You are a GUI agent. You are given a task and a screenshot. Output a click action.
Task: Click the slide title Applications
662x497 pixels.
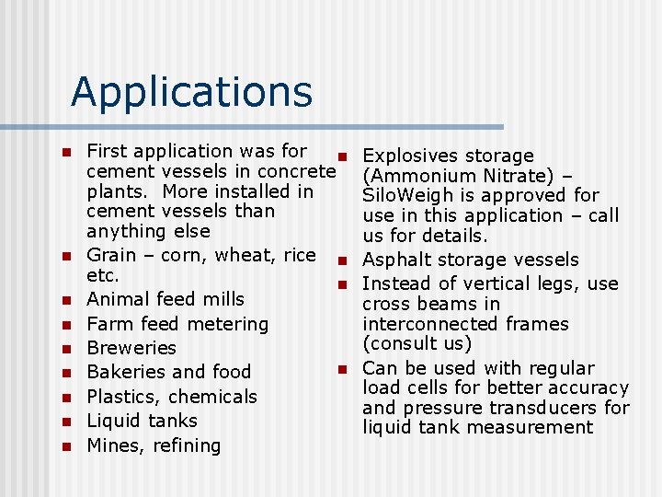click(191, 91)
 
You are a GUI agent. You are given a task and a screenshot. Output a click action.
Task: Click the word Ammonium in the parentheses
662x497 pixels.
click(418, 176)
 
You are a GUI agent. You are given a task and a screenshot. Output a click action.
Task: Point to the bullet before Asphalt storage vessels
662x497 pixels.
click(339, 260)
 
